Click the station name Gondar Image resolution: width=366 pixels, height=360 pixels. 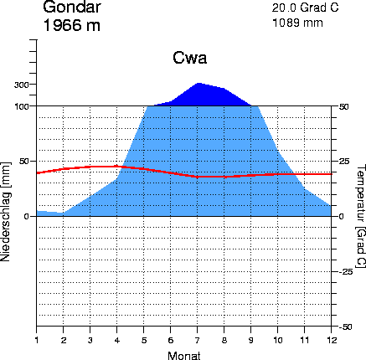72,7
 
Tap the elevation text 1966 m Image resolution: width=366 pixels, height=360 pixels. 72,25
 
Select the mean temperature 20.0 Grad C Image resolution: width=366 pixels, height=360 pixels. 305,8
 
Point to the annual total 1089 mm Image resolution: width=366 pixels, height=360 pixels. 297,23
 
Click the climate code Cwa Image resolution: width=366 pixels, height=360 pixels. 190,58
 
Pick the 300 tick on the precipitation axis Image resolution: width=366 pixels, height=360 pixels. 22,85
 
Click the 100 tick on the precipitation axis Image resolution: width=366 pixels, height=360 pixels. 22,106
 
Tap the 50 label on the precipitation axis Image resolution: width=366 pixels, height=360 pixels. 24,162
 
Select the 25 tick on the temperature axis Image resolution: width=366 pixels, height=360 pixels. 345,162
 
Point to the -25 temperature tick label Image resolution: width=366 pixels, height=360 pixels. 346,271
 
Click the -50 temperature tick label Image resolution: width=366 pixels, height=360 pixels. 346,327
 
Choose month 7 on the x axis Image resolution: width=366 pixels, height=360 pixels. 198,340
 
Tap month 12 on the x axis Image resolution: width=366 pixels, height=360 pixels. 331,340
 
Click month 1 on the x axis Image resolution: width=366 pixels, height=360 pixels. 37,340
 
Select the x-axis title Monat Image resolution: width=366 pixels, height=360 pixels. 184,356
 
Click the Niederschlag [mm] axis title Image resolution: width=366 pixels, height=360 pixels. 6,212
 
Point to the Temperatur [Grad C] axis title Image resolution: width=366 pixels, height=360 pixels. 361,216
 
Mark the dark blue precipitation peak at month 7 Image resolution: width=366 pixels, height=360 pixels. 198,83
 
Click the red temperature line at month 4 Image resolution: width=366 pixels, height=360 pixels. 116,167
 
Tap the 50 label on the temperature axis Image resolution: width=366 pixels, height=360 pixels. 344,106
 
